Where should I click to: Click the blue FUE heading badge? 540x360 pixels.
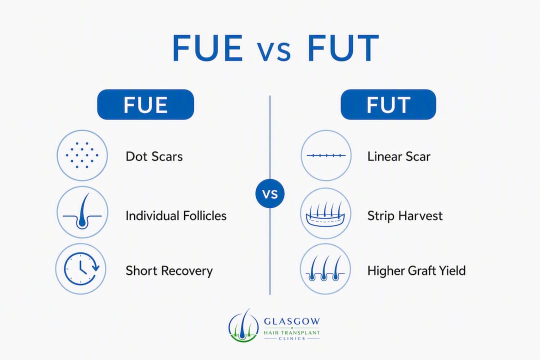pos(145,104)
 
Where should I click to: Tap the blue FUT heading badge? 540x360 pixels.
pos(388,104)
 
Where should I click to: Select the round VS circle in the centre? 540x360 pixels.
pos(270,193)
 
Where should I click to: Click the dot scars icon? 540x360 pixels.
pos(82,155)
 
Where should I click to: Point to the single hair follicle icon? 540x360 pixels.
pos(82,212)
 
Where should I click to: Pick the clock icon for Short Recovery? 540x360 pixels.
pos(81,268)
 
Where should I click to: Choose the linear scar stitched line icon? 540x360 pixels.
pos(326,155)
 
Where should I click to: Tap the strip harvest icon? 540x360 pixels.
pos(325,213)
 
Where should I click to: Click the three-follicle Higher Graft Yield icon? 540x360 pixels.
pos(325,268)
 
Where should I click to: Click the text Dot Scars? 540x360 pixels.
pos(154,156)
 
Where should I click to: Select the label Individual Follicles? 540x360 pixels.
pos(176,215)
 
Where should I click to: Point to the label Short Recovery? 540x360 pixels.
pos(169,271)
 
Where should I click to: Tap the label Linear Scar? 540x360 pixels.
pos(399,156)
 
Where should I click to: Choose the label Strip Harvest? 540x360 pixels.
pos(405,215)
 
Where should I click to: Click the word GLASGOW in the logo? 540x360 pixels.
pos(292,321)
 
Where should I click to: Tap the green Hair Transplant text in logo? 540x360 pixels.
pos(292,333)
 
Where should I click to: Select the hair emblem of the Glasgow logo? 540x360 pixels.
pos(243,325)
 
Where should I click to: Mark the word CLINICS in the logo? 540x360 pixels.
pos(292,338)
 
